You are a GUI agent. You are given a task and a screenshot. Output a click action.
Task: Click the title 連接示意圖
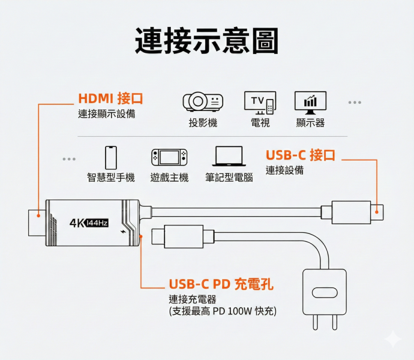pyautogui.click(x=206, y=41)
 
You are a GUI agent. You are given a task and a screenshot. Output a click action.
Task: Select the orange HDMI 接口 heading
pyautogui.click(x=110, y=98)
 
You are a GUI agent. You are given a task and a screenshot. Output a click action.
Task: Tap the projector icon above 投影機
pyautogui.click(x=203, y=102)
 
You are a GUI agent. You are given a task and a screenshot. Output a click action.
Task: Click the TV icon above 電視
pyautogui.click(x=260, y=103)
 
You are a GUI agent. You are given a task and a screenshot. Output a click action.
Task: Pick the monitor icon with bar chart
pyautogui.click(x=310, y=102)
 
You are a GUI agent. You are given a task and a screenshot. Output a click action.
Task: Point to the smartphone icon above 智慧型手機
pyautogui.click(x=111, y=157)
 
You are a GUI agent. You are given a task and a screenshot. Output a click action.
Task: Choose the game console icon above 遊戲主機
pyautogui.click(x=169, y=157)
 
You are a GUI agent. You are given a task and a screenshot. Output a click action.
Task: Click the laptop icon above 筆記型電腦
pyautogui.click(x=228, y=157)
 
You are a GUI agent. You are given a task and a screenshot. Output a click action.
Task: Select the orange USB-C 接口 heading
pyautogui.click(x=300, y=155)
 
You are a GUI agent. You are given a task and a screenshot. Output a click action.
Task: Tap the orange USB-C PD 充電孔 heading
pyautogui.click(x=221, y=284)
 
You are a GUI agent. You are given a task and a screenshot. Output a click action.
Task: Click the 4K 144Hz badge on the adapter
pyautogui.click(x=89, y=223)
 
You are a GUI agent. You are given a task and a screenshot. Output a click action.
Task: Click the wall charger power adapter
pyautogui.click(x=324, y=294)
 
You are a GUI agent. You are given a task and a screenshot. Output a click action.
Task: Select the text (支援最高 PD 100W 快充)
pyautogui.click(x=223, y=311)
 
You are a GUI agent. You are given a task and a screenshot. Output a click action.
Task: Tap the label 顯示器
pyautogui.click(x=310, y=123)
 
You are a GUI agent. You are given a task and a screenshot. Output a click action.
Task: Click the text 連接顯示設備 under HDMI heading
pyautogui.click(x=106, y=113)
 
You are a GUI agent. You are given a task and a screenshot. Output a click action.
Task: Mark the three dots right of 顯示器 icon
pyautogui.click(x=355, y=102)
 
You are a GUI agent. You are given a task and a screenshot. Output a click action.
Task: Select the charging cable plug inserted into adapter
pyautogui.click(x=180, y=236)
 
